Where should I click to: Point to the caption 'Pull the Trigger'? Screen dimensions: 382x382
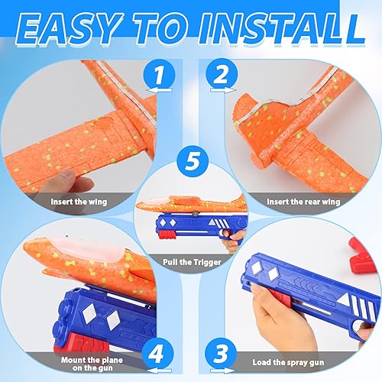pos(190,261)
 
